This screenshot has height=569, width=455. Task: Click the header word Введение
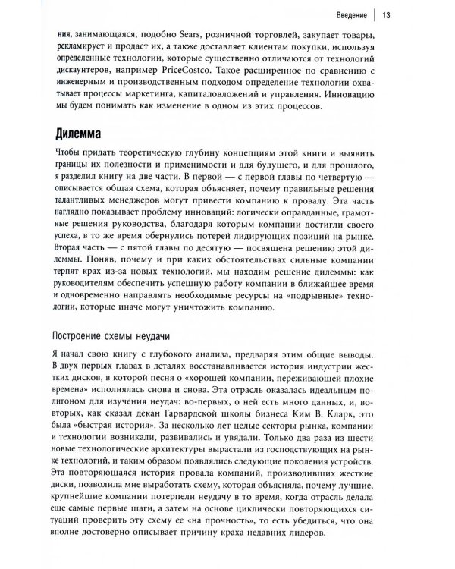tap(344, 15)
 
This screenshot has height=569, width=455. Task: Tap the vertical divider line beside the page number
tap(371, 15)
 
